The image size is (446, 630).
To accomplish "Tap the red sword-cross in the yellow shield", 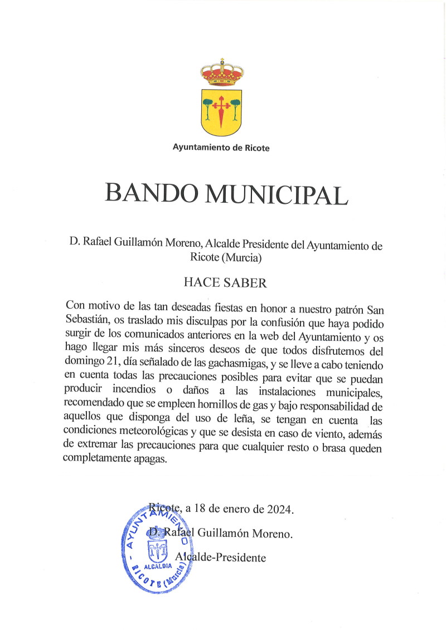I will coord(222,109).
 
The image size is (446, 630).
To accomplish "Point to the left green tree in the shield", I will coord(208,106).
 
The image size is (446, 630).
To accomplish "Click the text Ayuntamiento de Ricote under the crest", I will coord(221,148).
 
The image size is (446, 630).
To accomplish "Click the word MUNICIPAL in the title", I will coord(277,193).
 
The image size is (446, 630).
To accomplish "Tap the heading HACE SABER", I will coord(225,282).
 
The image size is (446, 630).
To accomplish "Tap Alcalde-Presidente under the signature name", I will coord(220,557).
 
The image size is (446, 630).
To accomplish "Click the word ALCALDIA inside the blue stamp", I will coord(157,566).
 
